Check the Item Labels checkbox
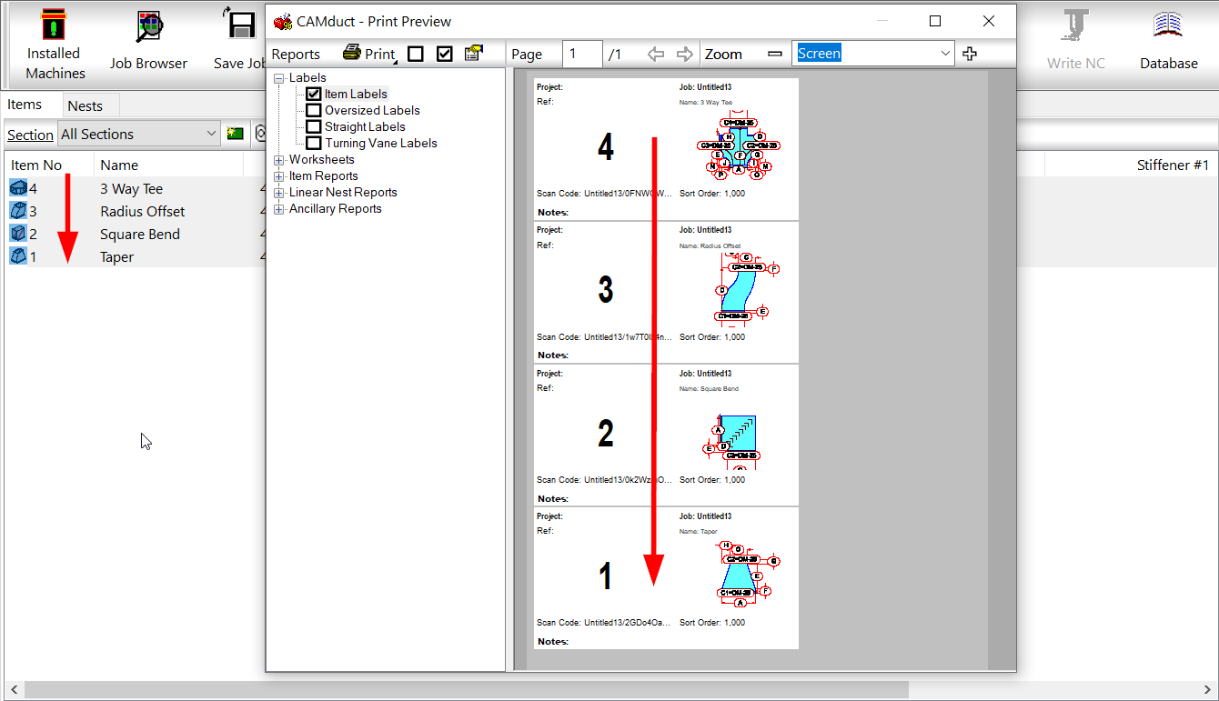[x=314, y=94]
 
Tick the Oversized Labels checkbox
[x=314, y=110]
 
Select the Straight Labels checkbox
[x=314, y=126]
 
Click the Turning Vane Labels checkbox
[x=314, y=143]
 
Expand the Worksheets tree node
[x=279, y=160]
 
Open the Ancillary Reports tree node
[x=279, y=209]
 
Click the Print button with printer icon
[x=369, y=54]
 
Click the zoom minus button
[x=774, y=54]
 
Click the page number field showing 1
[x=581, y=54]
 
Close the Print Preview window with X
[x=989, y=21]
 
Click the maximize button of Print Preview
[x=935, y=21]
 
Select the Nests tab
[x=85, y=105]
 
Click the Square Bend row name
[x=140, y=234]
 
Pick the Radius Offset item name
[x=143, y=211]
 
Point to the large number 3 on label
[x=606, y=290]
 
